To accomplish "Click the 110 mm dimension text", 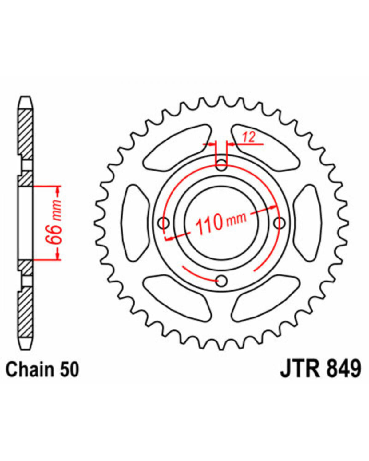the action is [x=220, y=223].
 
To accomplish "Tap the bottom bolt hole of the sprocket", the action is [x=222, y=281].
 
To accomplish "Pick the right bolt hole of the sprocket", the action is [x=280, y=223].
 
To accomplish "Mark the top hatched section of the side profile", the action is [x=25, y=134].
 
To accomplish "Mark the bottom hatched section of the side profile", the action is [x=25, y=312].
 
